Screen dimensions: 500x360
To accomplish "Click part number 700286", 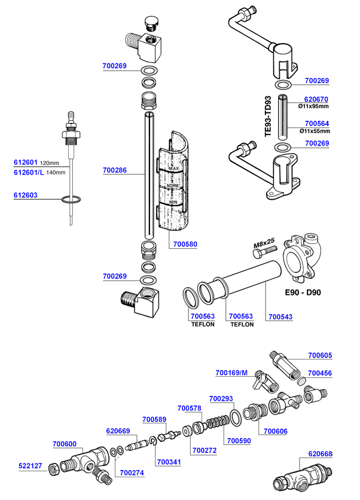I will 114,170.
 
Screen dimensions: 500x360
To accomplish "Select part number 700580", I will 185,244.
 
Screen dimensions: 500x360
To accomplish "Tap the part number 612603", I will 26,195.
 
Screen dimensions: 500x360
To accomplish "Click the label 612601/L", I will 29,172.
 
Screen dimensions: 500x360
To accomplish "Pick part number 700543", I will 280,316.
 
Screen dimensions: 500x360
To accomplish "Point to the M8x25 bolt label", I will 264,243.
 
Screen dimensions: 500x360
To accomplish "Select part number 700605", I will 320,355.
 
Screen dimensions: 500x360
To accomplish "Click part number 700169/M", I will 231,373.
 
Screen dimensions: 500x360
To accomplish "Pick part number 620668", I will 320,453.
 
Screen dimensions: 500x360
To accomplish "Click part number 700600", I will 64,444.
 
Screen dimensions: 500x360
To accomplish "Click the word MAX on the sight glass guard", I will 174,169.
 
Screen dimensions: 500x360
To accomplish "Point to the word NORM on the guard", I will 173,186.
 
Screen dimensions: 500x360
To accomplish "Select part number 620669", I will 118,431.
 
